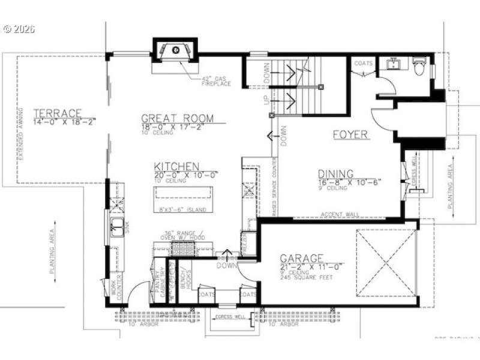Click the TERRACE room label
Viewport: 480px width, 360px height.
57,113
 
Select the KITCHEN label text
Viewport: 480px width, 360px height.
176,166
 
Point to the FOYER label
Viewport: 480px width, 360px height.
350,135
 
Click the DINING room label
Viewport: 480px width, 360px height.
340,173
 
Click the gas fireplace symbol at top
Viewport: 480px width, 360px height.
175,50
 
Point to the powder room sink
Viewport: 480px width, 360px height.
394,64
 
